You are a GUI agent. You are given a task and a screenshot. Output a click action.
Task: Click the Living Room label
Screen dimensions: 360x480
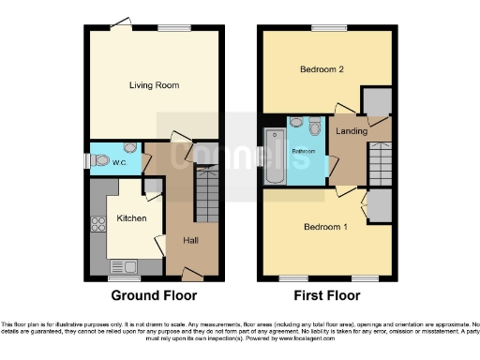click(154, 85)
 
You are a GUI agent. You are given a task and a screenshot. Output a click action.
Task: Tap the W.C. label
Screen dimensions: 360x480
click(120, 162)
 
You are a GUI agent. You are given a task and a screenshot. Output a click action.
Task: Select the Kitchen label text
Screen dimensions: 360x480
click(131, 217)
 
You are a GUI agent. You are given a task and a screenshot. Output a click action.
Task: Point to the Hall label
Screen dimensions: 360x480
click(190, 241)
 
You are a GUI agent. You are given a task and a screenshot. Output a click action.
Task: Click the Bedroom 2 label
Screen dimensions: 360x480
click(320, 70)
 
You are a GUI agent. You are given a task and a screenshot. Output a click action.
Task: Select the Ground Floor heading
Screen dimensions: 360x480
click(155, 295)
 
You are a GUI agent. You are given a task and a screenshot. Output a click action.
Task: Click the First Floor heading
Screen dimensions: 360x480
click(327, 295)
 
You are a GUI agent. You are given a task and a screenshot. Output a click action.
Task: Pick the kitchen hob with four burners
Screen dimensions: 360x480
click(97, 225)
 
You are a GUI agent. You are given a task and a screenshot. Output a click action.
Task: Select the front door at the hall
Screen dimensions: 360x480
click(192, 274)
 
